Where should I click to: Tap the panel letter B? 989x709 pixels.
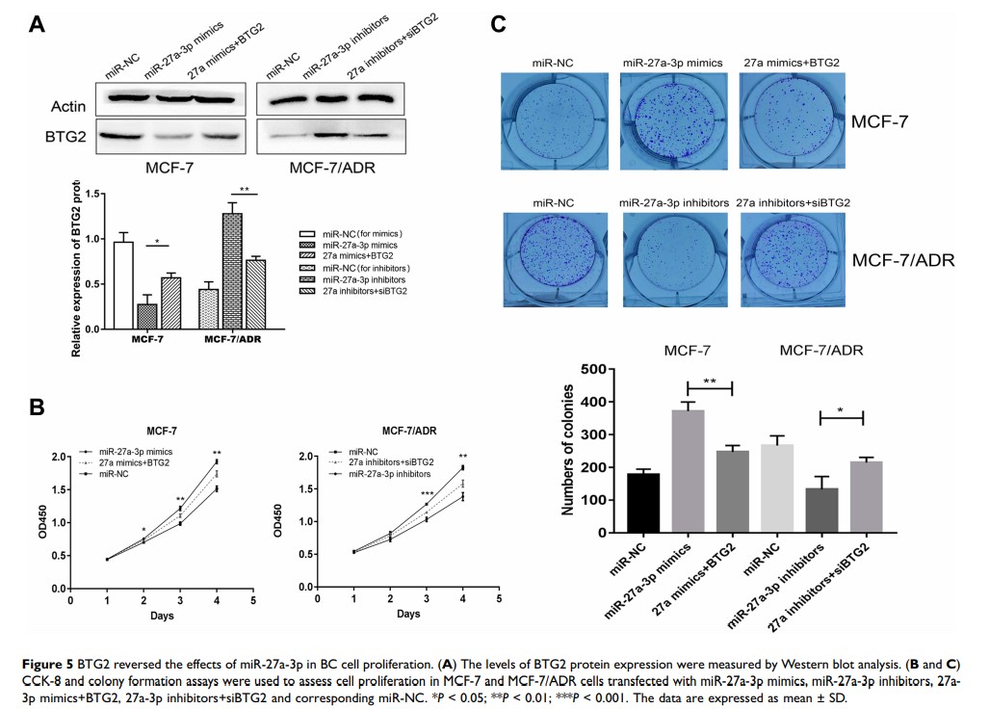click(x=37, y=407)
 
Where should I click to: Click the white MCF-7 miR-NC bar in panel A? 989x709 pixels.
click(x=122, y=285)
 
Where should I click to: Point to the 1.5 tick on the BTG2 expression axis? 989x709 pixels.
click(x=91, y=194)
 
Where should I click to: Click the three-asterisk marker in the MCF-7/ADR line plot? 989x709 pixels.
click(x=427, y=493)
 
